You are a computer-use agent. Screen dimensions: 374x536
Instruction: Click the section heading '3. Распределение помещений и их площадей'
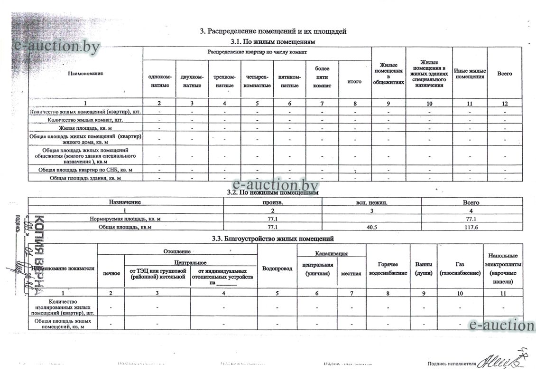273,31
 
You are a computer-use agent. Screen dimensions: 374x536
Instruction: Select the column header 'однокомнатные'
159,81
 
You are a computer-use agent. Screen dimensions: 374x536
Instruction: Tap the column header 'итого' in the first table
354,81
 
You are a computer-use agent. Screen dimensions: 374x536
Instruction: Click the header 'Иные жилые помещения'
470,74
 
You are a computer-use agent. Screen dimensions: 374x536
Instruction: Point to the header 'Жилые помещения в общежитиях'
388,74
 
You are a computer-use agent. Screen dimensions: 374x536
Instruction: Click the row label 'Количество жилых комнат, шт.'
85,120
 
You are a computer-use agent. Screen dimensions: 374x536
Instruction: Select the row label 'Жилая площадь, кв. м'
85,128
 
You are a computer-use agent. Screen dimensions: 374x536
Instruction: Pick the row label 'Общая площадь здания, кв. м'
85,178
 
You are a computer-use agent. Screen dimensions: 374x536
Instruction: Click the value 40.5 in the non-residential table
371,227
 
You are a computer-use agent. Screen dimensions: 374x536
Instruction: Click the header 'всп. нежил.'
371,202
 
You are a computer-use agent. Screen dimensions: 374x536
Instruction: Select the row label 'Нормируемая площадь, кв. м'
126,219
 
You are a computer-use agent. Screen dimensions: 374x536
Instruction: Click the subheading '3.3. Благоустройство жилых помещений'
273,238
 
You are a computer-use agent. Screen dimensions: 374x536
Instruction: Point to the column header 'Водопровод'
277,269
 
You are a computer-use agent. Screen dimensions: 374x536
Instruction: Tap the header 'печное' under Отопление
111,273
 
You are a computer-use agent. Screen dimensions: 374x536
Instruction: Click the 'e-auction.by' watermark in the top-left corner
57,46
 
